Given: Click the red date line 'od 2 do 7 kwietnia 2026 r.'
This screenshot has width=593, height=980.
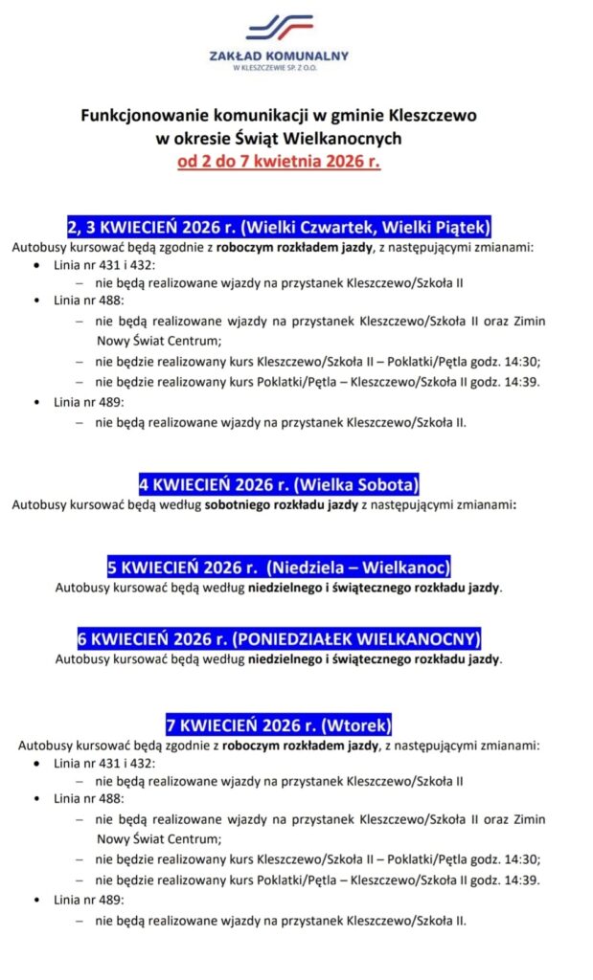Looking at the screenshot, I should click(279, 161).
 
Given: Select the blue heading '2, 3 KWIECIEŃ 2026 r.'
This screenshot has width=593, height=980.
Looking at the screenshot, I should click(279, 227).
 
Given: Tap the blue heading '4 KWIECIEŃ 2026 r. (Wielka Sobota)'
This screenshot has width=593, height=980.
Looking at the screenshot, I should click(279, 483).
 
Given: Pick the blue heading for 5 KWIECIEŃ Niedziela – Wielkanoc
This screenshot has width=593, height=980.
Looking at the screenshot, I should click(279, 566).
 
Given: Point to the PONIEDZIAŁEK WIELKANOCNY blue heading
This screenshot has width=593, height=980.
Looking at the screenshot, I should click(279, 638).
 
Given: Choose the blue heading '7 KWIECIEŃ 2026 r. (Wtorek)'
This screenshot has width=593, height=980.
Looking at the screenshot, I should click(279, 724).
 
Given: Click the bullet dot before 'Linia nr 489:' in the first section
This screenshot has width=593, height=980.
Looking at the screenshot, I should click(37, 402).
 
